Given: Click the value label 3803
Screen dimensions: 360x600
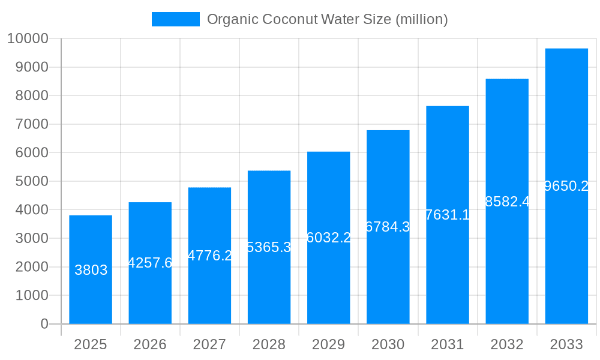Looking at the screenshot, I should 91,270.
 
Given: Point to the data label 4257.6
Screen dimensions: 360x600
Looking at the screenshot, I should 150,263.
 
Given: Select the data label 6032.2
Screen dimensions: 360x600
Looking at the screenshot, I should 328,238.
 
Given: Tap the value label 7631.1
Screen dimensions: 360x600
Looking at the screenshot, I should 447,215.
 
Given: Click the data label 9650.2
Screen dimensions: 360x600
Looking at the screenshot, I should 566,186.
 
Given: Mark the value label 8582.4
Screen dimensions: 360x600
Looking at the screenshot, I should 507,202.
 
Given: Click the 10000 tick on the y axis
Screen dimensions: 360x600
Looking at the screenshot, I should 28,38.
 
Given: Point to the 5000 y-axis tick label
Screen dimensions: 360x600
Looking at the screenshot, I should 31,181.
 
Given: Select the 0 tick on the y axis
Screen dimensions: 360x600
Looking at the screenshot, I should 44,324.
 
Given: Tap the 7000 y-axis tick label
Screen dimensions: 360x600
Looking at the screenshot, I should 31,124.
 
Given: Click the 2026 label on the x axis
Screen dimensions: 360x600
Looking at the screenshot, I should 150,344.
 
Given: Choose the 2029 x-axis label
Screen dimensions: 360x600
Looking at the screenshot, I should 328,344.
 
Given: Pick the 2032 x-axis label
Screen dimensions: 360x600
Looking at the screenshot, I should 507,344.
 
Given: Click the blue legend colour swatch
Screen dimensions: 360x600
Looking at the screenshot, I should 175,19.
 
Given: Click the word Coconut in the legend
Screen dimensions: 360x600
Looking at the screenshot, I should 284,19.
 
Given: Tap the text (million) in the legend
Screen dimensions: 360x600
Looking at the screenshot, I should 421,19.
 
